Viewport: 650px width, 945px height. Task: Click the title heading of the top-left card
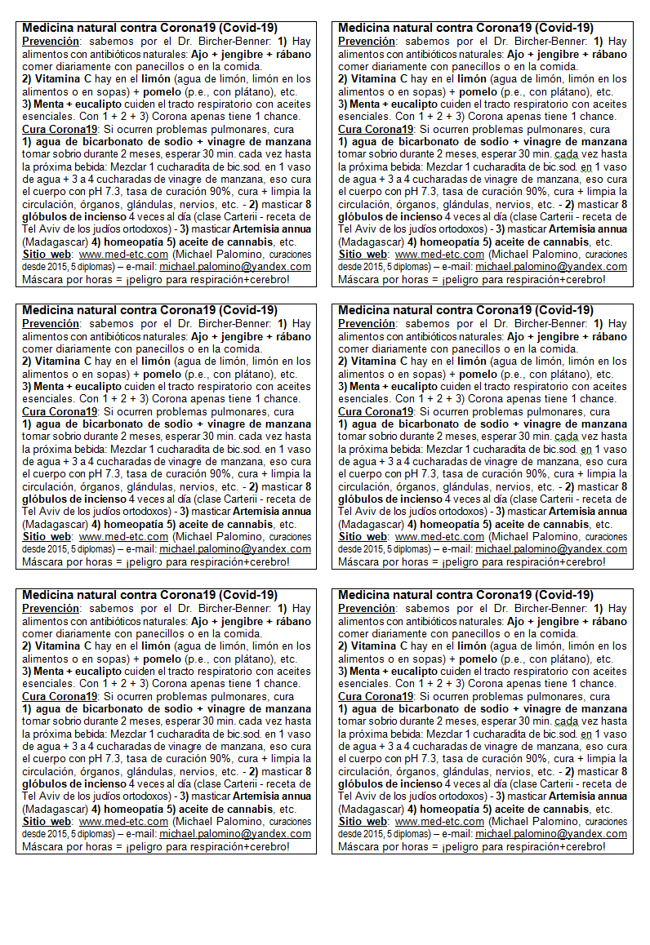point(149,28)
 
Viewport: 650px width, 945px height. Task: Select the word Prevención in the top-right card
point(367,41)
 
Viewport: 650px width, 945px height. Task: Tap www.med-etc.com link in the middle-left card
point(123,536)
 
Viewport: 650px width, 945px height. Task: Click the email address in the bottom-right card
point(551,834)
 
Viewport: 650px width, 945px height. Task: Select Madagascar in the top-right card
point(367,242)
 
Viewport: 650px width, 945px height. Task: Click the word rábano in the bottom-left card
point(289,621)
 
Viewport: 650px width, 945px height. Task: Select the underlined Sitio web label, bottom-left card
point(46,821)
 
